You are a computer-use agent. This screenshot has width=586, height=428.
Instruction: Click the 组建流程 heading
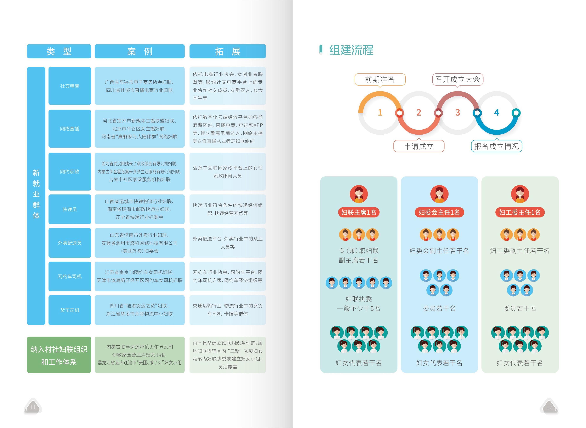(351, 50)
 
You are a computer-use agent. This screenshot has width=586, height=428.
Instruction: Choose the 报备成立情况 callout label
(496, 146)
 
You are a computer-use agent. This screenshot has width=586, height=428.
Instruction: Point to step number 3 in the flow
(458, 112)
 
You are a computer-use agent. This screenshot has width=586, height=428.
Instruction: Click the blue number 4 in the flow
(497, 112)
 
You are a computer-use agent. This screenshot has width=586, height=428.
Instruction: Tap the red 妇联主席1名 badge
(359, 212)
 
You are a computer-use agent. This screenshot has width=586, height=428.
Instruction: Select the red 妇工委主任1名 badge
(520, 212)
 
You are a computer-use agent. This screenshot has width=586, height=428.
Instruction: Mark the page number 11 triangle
(33, 406)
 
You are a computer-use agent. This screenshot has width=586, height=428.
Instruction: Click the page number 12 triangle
(549, 406)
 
